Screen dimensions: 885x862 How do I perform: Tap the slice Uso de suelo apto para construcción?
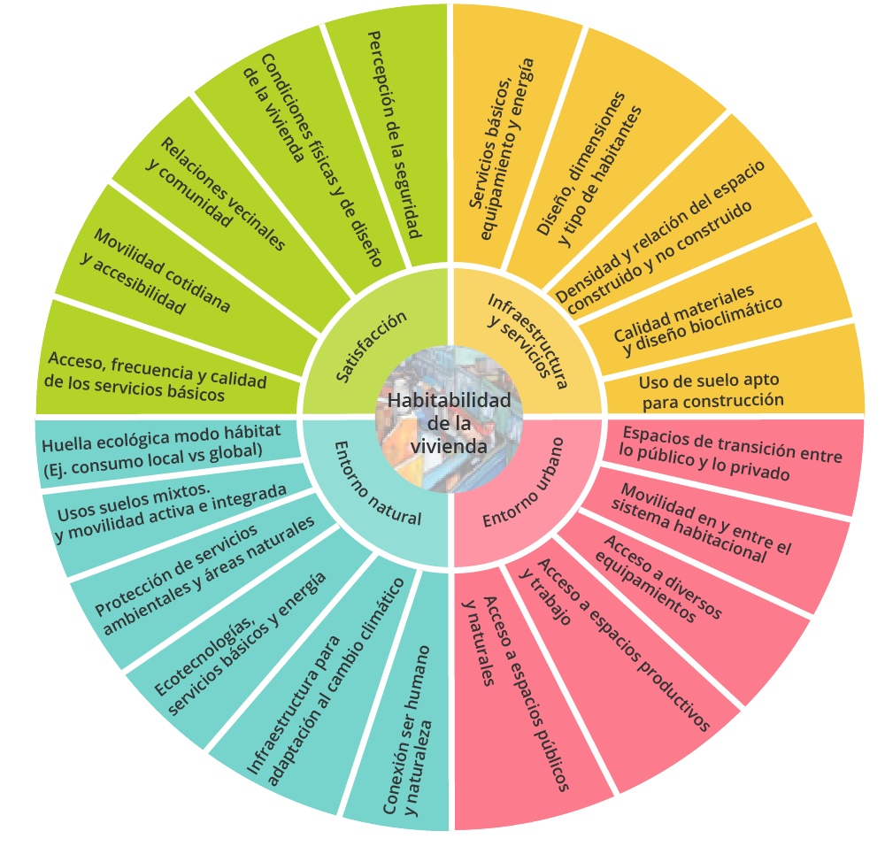tap(712, 390)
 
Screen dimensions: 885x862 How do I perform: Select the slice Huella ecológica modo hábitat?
tap(159, 440)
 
